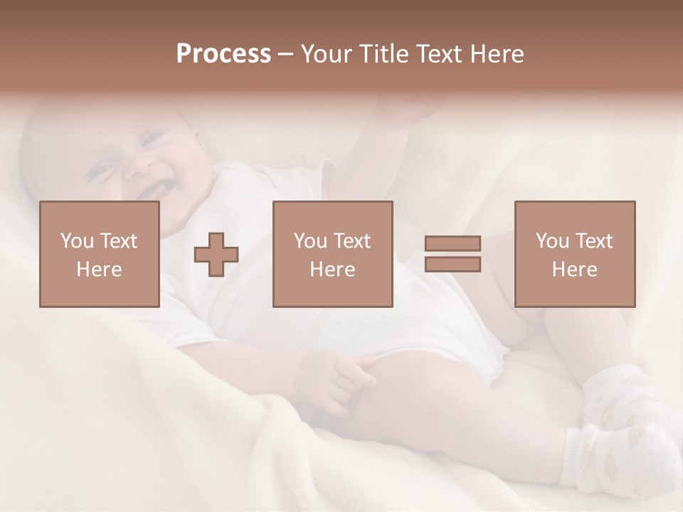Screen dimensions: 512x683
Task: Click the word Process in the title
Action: [223, 54]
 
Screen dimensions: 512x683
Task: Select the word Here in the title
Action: [497, 54]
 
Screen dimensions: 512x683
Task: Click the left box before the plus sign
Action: [99, 254]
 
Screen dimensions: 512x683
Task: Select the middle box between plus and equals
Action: [332, 254]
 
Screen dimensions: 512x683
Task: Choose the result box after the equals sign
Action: [574, 254]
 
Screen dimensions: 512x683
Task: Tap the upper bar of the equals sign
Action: [452, 243]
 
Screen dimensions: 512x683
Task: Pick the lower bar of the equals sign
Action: [452, 265]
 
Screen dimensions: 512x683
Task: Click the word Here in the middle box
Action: [332, 270]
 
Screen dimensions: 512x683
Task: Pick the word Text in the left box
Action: [118, 241]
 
